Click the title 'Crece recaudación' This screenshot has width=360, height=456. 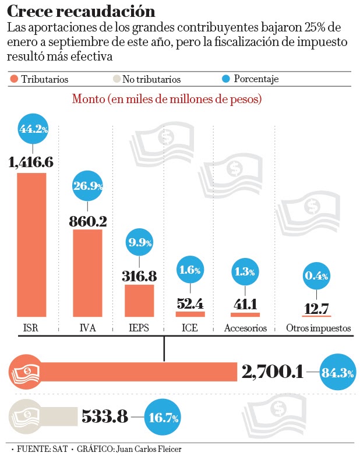click(x=81, y=11)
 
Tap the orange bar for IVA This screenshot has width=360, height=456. click(x=87, y=273)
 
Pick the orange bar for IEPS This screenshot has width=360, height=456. click(x=139, y=301)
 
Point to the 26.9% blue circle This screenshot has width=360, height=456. click(x=87, y=186)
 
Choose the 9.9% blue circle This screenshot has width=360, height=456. click(x=140, y=242)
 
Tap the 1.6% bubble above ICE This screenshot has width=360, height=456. click(x=190, y=270)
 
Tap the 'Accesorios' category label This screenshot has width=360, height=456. click(x=245, y=328)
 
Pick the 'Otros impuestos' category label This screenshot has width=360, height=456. click(x=318, y=328)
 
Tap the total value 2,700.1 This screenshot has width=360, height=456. click(x=272, y=371)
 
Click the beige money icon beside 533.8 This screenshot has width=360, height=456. click(x=23, y=416)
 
